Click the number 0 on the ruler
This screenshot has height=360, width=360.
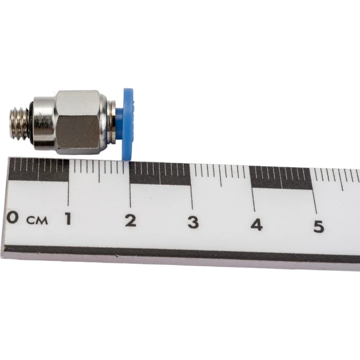[13, 217]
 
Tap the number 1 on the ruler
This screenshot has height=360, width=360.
[68, 218]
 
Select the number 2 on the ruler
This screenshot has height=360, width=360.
[131, 220]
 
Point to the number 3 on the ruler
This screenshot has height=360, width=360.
[193, 223]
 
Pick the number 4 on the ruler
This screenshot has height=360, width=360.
[257, 224]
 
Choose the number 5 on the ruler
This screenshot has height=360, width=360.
[319, 226]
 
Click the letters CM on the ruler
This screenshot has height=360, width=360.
[37, 220]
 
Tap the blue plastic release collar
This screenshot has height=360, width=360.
[127, 124]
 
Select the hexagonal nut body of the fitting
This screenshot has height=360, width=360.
[78, 122]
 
